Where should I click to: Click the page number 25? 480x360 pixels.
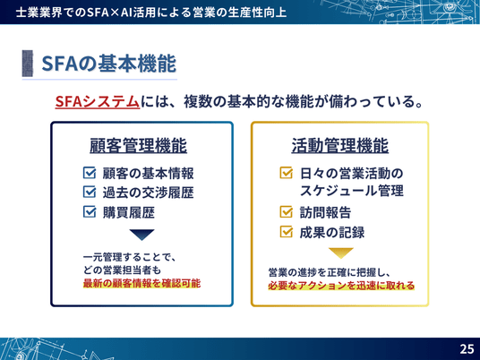(467, 349)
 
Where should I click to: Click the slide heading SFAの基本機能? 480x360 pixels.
(108, 64)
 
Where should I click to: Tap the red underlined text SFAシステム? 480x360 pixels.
(98, 101)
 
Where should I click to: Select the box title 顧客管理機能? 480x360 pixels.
(138, 145)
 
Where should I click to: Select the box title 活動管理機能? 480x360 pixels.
(339, 145)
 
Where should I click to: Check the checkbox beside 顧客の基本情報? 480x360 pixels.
(90, 173)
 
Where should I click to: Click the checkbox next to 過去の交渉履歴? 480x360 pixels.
(90, 193)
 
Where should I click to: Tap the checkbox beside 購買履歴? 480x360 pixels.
(90, 212)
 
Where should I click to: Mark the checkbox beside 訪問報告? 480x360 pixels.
(287, 212)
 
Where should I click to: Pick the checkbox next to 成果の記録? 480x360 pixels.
(287, 232)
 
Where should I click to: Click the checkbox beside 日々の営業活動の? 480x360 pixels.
(287, 173)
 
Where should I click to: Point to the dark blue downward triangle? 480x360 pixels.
(141, 235)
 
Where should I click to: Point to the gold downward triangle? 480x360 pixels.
(340, 253)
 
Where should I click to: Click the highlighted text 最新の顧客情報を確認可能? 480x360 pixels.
(141, 283)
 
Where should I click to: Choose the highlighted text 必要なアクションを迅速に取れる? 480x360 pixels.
(341, 286)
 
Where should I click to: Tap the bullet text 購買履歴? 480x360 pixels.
(129, 212)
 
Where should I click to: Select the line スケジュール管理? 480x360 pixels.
(351, 191)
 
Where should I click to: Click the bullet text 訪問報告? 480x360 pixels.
(325, 212)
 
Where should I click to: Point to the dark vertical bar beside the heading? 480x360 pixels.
(27, 64)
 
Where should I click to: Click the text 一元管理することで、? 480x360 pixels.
(130, 257)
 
